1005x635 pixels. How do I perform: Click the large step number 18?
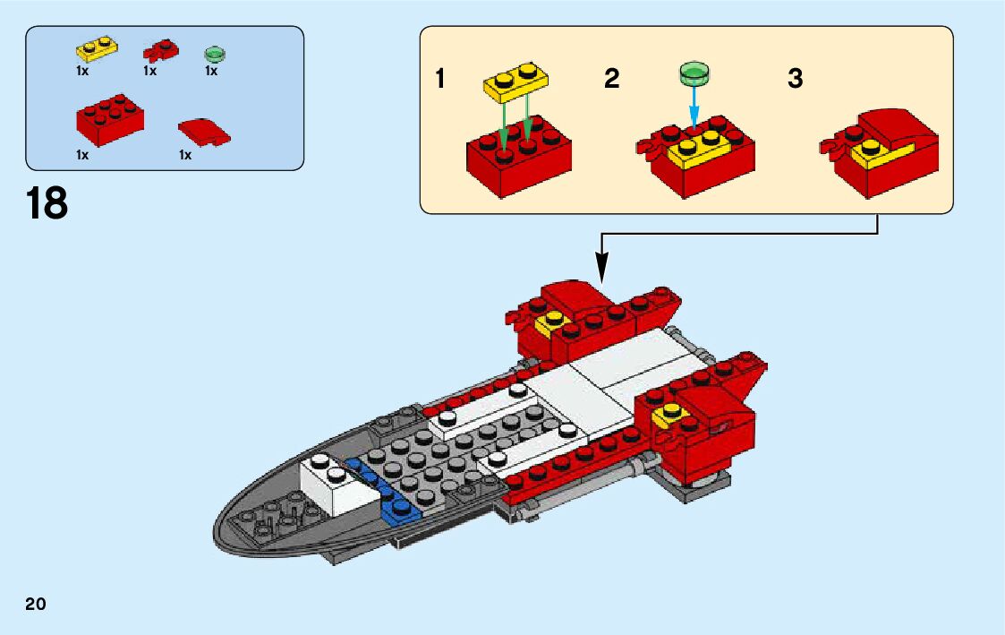point(47,203)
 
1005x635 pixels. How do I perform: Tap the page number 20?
point(36,603)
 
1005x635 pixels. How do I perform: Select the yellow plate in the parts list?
point(97,47)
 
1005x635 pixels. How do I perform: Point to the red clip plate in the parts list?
point(161,48)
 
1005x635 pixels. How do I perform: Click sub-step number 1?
point(439,79)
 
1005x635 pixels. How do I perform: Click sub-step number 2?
point(611,79)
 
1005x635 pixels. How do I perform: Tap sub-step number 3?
point(796,79)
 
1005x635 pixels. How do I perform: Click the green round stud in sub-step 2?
point(694,73)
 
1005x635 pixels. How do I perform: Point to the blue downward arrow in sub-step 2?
point(694,111)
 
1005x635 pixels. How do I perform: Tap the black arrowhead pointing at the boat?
point(601,265)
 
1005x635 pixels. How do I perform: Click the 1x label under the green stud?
point(211,71)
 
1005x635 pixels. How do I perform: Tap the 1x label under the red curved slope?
point(185,155)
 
